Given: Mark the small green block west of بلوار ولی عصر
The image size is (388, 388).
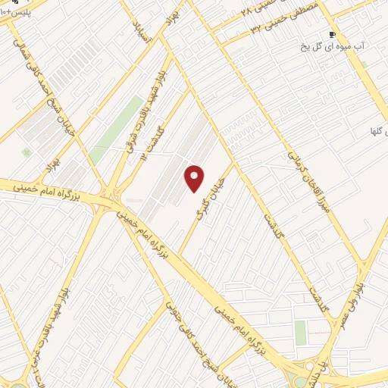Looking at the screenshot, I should coord(301,332).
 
